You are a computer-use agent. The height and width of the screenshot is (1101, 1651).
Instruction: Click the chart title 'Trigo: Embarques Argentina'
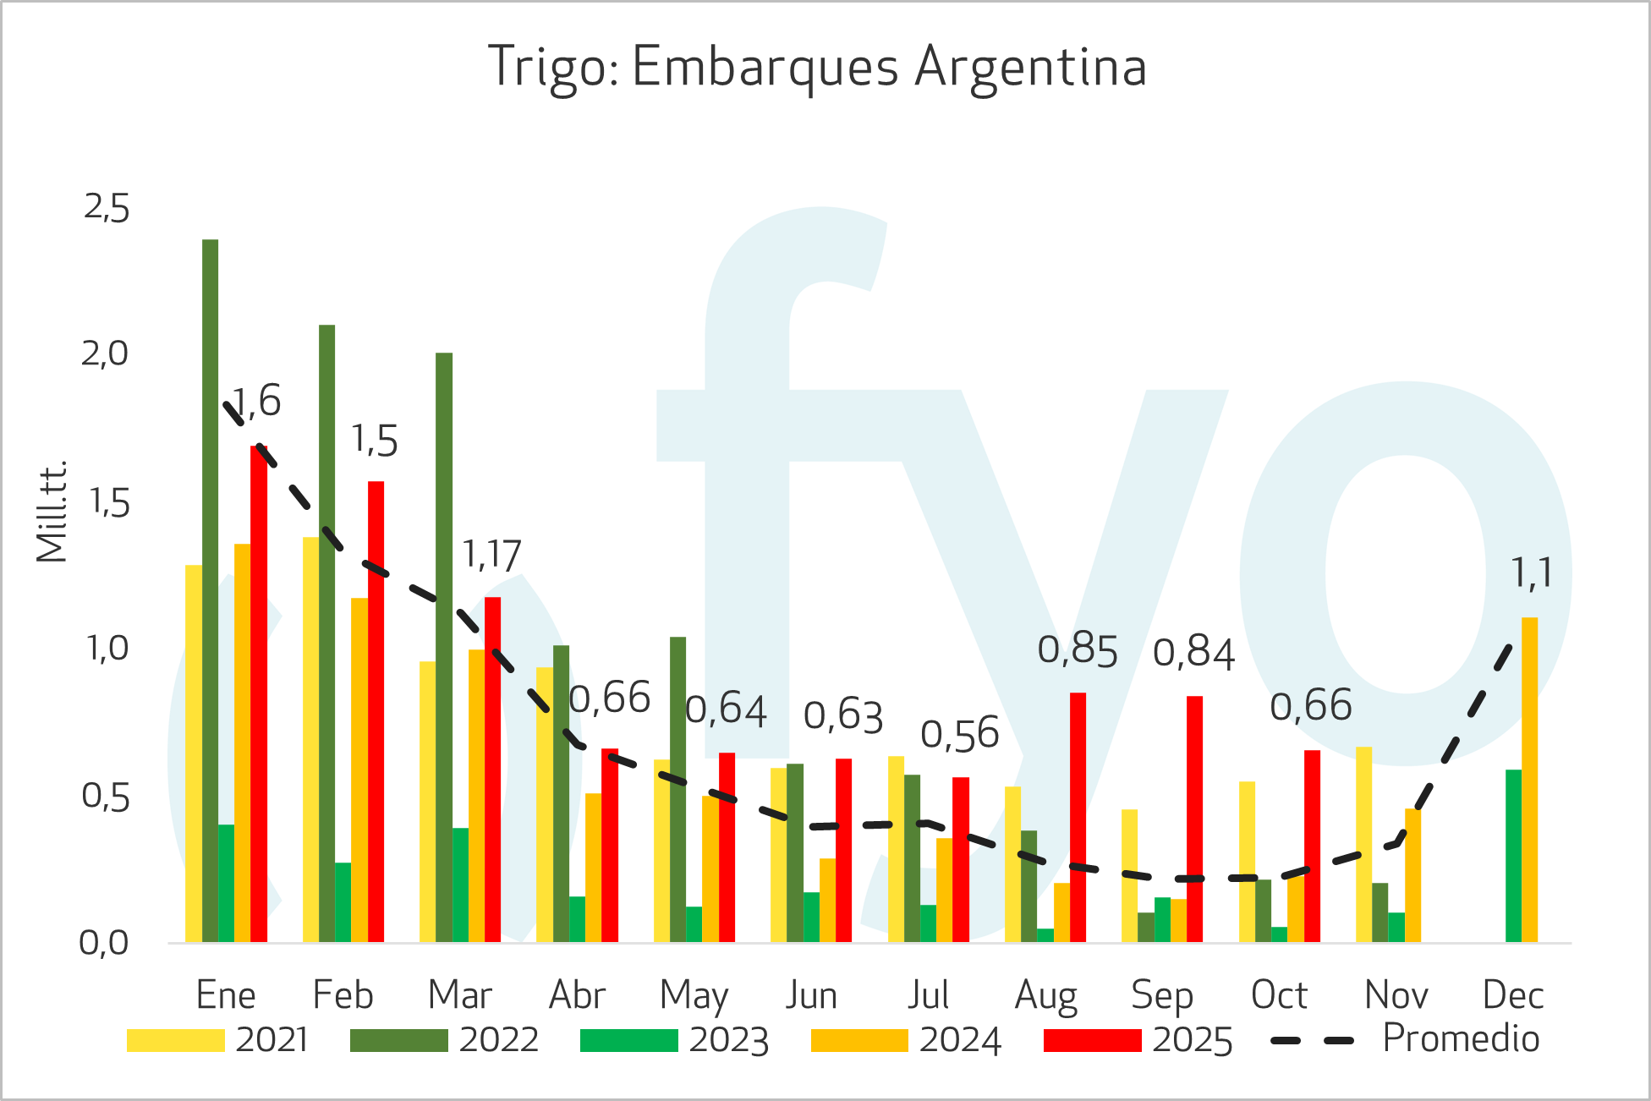click(817, 68)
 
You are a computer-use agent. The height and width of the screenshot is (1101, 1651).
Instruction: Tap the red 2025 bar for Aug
click(1078, 817)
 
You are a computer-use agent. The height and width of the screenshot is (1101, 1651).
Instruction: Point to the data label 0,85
click(1078, 650)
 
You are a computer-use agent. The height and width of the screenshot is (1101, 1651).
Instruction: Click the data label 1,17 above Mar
click(491, 556)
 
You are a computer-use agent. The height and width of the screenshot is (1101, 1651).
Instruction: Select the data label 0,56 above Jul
click(960, 734)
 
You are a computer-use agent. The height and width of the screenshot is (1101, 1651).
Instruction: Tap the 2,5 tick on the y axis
click(107, 208)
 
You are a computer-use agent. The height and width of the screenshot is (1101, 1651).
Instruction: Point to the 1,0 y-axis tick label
click(107, 649)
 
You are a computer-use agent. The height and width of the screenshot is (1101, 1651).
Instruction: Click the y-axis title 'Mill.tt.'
click(52, 512)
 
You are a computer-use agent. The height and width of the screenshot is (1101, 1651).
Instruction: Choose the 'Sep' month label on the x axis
click(1161, 995)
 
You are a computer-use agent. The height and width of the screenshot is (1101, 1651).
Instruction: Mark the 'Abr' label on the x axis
click(577, 995)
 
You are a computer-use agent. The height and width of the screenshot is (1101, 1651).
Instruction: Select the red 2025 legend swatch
click(1092, 1040)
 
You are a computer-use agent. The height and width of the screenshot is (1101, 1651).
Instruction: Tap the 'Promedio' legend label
click(1461, 1038)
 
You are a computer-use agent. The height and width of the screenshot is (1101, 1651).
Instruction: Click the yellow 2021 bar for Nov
click(1363, 844)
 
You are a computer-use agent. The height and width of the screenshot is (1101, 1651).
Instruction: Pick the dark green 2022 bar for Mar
click(444, 647)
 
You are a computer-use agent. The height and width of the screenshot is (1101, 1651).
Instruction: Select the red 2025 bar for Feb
click(376, 711)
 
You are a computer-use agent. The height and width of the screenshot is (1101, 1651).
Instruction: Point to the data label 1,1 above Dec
click(1532, 573)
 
